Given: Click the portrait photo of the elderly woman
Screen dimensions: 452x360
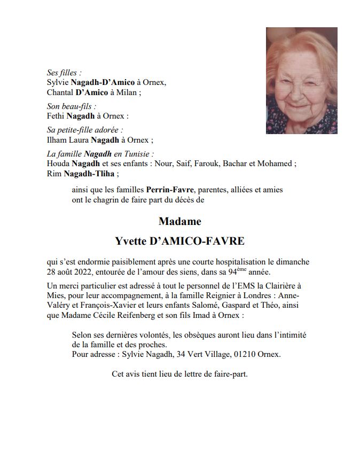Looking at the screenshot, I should click(301, 80).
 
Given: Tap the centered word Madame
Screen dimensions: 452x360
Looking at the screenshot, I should click(180, 221).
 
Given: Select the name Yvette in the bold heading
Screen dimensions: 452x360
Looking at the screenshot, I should click(130, 241).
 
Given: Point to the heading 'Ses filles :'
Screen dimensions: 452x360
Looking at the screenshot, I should click(64, 73).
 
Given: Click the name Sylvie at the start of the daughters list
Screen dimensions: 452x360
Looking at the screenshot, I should click(58, 82).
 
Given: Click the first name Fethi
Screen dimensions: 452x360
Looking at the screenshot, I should click(56, 116).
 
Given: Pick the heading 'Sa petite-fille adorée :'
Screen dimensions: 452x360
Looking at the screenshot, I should click(85, 130).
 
